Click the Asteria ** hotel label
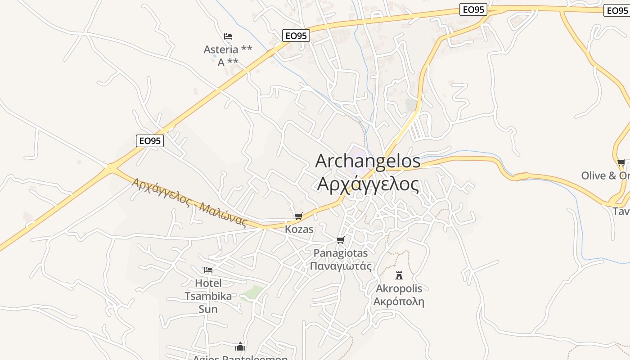tap(228, 49)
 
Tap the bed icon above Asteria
tap(228, 36)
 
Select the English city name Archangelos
tap(368, 161)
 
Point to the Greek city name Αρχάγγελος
tap(368, 184)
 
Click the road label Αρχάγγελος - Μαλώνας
tap(189, 202)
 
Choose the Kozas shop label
tap(299, 229)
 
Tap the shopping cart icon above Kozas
tap(299, 216)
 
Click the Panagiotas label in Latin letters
tap(341, 253)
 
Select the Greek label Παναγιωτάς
tap(341, 266)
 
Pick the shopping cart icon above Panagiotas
tap(341, 240)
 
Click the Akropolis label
tap(399, 288)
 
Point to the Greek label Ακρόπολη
tap(399, 301)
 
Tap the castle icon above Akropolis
tap(399, 275)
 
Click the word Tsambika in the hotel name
tap(208, 296)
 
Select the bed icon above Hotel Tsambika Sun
tap(208, 270)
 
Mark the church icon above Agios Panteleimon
tap(240, 346)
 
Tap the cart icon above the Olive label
tap(621, 162)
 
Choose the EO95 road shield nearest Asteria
tap(296, 36)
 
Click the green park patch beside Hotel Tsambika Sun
tap(252, 292)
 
